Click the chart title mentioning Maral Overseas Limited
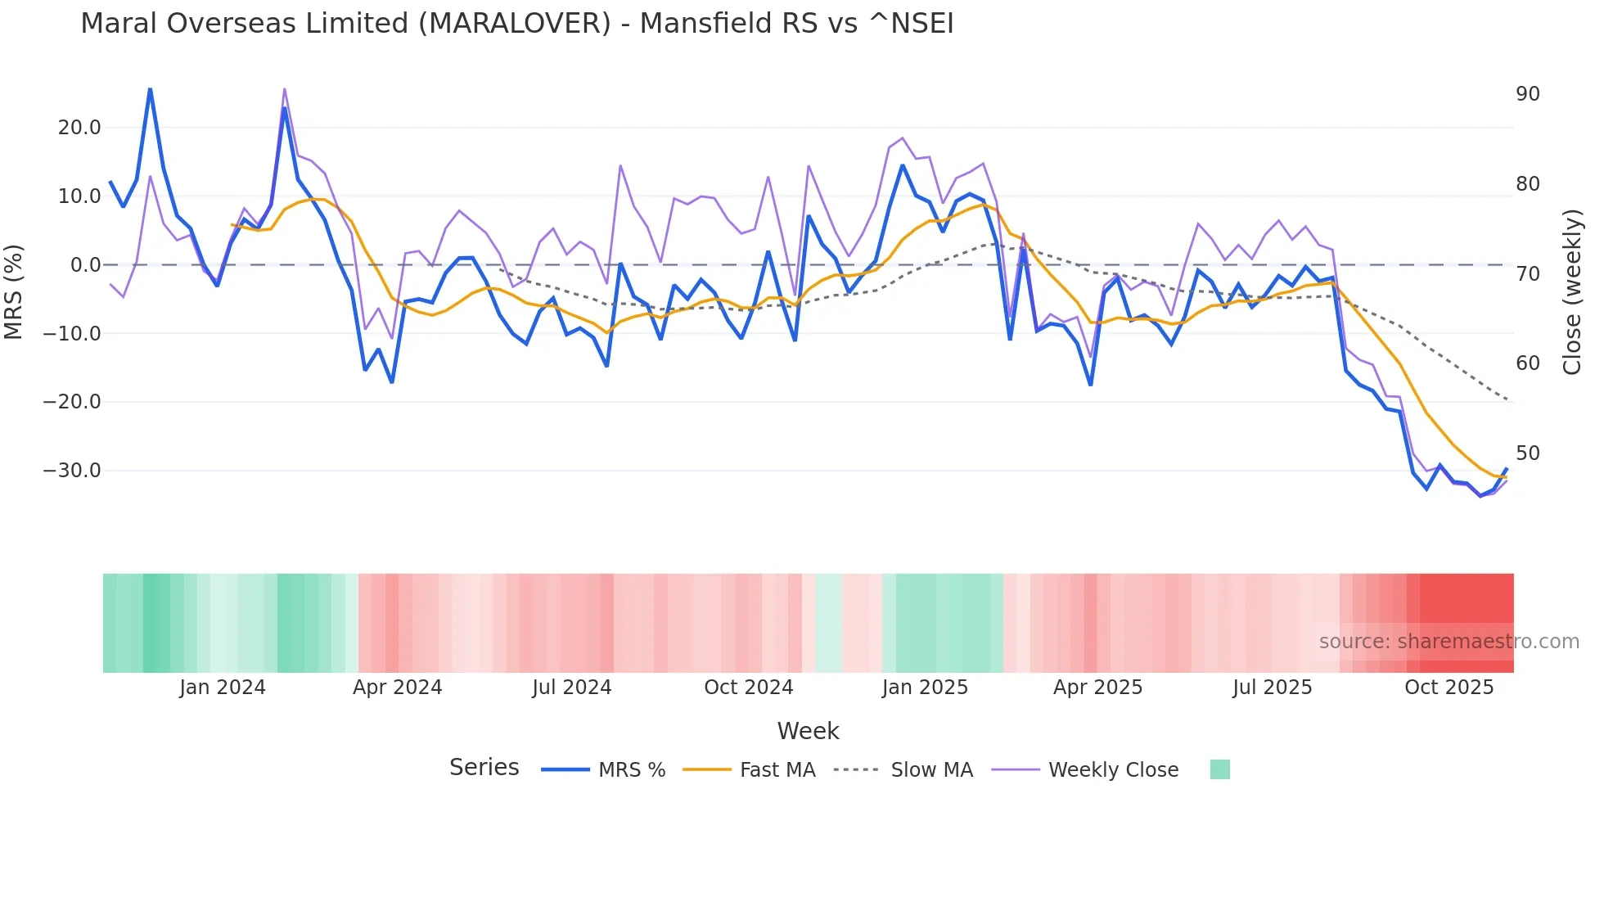click(x=516, y=24)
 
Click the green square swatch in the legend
click(x=1219, y=769)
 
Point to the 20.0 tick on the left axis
click(x=79, y=128)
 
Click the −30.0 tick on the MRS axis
click(x=72, y=471)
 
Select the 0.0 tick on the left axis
click(x=85, y=265)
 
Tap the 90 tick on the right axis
click(x=1527, y=94)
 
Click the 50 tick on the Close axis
click(x=1527, y=453)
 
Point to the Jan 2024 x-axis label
click(x=223, y=688)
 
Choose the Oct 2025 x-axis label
click(x=1449, y=688)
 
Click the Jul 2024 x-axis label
click(x=571, y=688)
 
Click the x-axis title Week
click(x=808, y=731)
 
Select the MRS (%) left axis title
click(x=14, y=291)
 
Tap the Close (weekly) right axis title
click(x=1571, y=291)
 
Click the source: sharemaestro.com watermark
click(x=1449, y=642)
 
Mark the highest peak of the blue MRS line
click(x=150, y=89)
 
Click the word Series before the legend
click(x=484, y=768)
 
